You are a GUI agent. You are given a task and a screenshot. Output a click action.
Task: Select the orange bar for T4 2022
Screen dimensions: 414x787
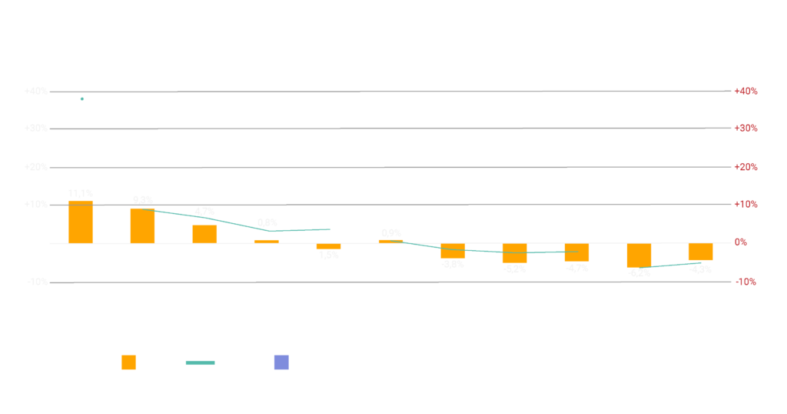click(81, 222)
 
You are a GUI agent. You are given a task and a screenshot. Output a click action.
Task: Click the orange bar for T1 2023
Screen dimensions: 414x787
click(142, 225)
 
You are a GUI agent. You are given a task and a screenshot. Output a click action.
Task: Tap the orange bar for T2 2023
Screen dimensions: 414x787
click(204, 234)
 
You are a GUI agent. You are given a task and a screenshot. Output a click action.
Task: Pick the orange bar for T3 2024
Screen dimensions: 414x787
click(514, 253)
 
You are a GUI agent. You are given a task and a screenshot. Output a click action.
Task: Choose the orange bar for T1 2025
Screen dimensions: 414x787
click(639, 255)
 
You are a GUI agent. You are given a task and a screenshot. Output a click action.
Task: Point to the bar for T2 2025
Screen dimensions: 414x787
click(700, 252)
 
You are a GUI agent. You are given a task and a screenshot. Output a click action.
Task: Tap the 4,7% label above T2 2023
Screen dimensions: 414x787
click(204, 212)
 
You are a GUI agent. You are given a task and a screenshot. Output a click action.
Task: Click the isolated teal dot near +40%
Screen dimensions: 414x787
click(82, 99)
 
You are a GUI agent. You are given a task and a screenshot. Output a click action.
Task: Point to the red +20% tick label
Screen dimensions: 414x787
click(745, 167)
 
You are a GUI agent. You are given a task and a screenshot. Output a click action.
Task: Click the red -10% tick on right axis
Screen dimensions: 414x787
click(744, 282)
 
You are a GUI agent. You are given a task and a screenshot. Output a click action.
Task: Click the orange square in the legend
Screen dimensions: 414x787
click(128, 362)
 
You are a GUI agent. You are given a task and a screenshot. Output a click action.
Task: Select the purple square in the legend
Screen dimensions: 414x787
click(281, 362)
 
